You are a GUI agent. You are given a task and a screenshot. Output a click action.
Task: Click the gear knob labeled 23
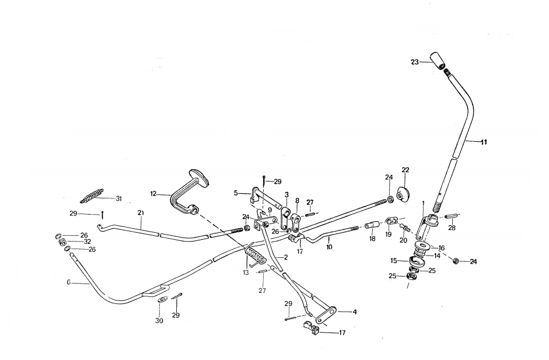tap(438, 60)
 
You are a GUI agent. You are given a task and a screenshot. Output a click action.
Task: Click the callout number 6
tap(68, 282)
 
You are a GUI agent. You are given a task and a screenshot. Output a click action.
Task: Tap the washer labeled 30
tap(162, 299)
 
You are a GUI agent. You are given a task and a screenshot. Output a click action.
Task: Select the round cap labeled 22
tap(403, 194)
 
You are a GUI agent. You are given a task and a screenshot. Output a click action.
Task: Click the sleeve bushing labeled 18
tap(371, 225)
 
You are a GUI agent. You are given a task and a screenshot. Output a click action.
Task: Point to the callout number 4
tap(354, 312)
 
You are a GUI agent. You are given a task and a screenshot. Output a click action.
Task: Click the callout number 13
tap(246, 272)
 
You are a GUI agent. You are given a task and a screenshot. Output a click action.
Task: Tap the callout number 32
tap(87, 242)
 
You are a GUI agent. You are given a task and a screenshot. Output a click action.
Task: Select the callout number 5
tap(236, 192)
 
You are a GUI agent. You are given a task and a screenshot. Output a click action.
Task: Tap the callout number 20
tap(403, 240)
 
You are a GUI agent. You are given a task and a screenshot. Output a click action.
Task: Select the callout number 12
tap(153, 193)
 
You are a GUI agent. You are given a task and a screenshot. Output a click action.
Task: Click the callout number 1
tap(422, 202)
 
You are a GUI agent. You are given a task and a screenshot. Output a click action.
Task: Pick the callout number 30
tap(159, 320)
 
